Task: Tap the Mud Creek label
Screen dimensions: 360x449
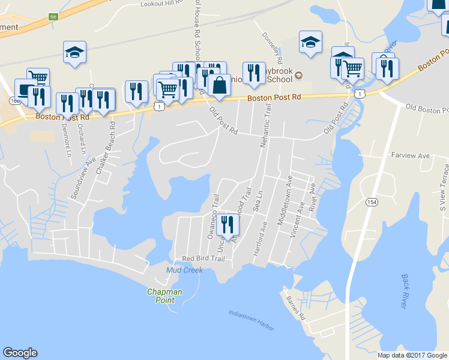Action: [184, 271]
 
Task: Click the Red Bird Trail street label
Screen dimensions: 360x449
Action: [203, 259]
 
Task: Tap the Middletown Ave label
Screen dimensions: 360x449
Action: [282, 200]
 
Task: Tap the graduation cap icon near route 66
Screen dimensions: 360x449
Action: [74, 52]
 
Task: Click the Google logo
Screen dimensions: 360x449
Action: [20, 353]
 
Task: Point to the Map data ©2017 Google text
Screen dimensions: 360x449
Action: [412, 355]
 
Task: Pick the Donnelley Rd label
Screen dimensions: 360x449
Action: [271, 49]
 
